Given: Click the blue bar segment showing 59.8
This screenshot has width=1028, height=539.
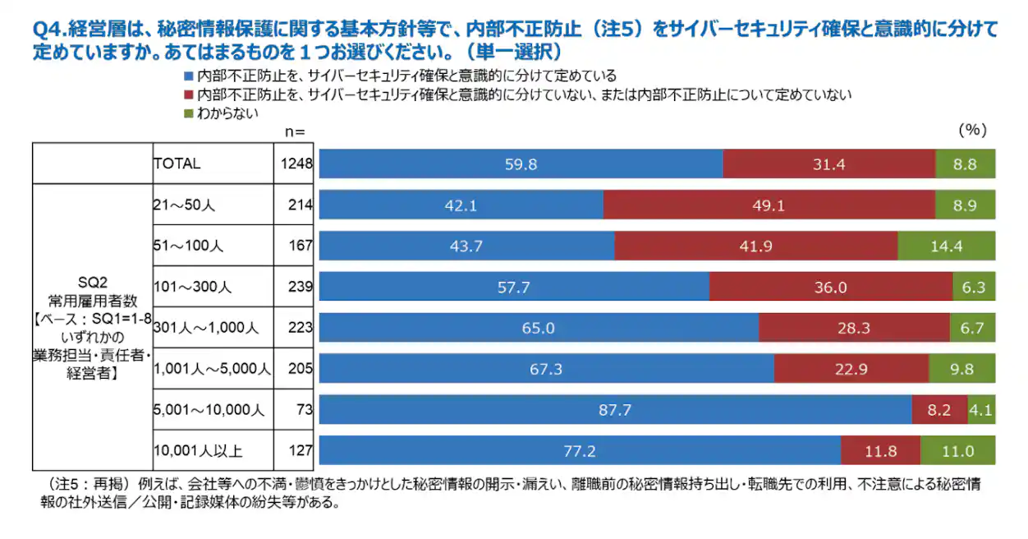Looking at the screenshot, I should pyautogui.click(x=521, y=164).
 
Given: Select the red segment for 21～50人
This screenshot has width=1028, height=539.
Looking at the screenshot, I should pyautogui.click(x=769, y=205).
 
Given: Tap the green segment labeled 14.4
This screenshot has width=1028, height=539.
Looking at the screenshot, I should pyautogui.click(x=946, y=246).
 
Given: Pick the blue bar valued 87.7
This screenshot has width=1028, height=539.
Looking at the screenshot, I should pyautogui.click(x=615, y=408).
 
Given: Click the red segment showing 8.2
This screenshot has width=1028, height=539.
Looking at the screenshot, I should pyautogui.click(x=939, y=408).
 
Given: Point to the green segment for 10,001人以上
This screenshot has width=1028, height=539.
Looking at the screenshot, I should pyautogui.click(x=957, y=450).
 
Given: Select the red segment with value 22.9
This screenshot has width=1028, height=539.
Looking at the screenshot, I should pyautogui.click(x=851, y=369).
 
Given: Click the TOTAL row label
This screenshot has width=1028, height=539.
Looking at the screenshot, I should pyautogui.click(x=177, y=164).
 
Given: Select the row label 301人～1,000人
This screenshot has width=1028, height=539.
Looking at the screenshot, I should pyautogui.click(x=206, y=328).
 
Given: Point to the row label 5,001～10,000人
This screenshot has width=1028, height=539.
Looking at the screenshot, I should pyautogui.click(x=209, y=409).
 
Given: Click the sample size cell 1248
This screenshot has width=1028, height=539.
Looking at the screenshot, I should pyautogui.click(x=296, y=164).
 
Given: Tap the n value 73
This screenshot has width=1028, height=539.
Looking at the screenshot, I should pyautogui.click(x=305, y=409).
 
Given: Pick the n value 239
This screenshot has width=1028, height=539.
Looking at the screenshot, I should pyautogui.click(x=301, y=287).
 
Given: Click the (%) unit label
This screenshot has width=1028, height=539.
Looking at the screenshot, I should pyautogui.click(x=971, y=131).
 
